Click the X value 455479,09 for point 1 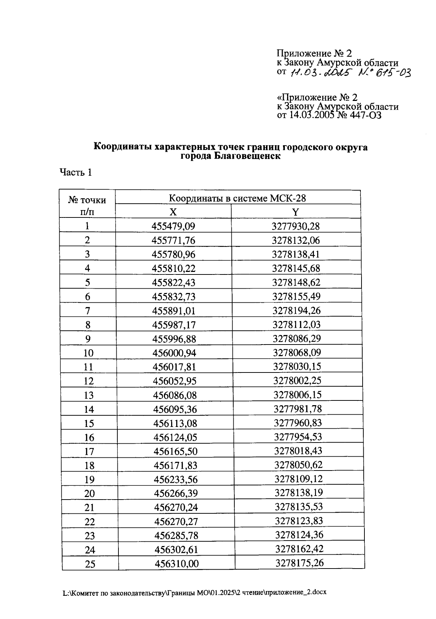coord(173,226)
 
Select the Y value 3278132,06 coord(296,240)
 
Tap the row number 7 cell coord(88,311)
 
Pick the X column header coord(173,212)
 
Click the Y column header coord(296,212)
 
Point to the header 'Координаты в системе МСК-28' coord(237,198)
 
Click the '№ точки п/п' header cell coord(87,205)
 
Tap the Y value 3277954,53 coord(298,437)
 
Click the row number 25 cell coord(90,564)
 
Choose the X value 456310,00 coord(177,564)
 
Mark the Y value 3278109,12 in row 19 coord(298,479)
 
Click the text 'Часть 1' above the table coord(76,172)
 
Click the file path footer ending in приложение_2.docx coord(194,592)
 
